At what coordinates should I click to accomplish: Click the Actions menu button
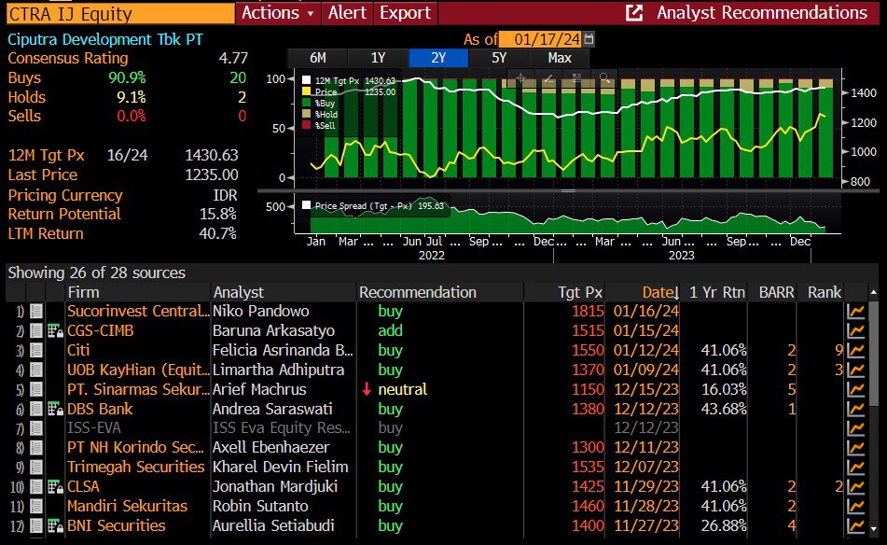click(x=278, y=12)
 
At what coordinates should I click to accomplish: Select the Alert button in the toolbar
click(x=348, y=12)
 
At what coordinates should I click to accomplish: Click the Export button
click(x=406, y=12)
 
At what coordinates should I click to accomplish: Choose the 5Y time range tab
click(x=499, y=58)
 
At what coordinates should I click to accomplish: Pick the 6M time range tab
click(x=317, y=58)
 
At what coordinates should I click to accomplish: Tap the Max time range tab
click(x=560, y=58)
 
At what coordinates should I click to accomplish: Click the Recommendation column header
click(x=417, y=292)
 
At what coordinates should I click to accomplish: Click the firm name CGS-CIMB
click(x=98, y=330)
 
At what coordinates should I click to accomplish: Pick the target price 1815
click(x=588, y=311)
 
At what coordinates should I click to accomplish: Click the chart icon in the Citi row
click(x=855, y=350)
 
